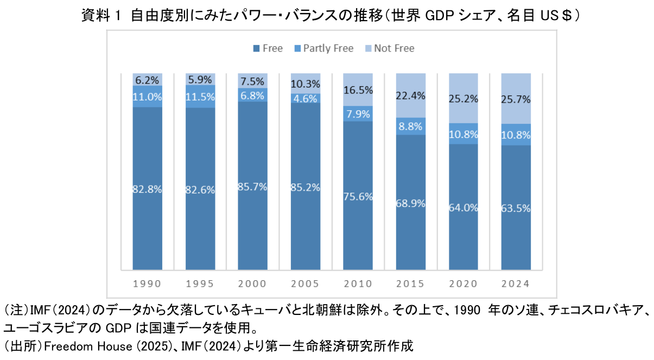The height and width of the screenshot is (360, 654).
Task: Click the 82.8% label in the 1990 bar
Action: coord(147,190)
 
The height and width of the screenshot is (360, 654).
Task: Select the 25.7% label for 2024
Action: coord(516,99)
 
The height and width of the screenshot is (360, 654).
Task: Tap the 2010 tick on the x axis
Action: coord(358,283)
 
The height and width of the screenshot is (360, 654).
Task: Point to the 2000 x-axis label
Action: coord(252,283)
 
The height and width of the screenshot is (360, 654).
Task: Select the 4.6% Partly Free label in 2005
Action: coord(305,99)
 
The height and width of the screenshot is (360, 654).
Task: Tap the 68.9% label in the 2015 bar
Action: coord(410,203)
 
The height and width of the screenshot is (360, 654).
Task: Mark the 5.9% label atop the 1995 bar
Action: coord(200,79)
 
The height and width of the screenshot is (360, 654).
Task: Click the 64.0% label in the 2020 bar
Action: coord(463,209)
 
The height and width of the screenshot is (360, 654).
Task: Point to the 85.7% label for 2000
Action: coord(252,186)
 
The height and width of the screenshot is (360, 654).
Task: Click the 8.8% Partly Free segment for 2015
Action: coord(410,126)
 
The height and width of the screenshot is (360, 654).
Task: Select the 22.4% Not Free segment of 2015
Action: coord(410,96)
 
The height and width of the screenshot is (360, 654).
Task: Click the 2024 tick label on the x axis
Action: coord(516,283)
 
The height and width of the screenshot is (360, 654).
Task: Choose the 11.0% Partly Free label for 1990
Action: coord(147,97)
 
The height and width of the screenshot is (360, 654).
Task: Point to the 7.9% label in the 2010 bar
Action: coord(358,114)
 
